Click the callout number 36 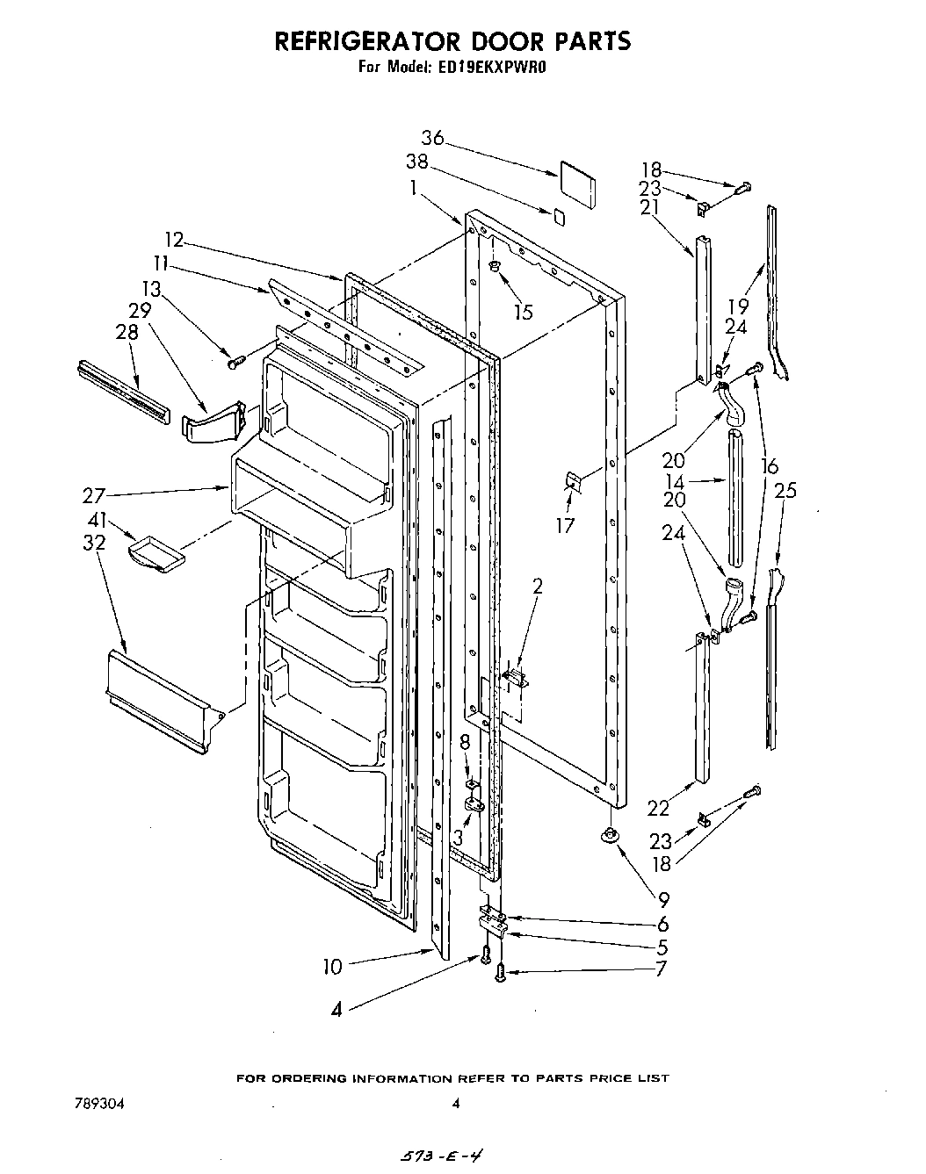point(432,138)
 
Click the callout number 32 point(94,543)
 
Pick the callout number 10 point(332,967)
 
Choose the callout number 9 point(662,899)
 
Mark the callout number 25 point(785,490)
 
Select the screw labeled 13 point(235,360)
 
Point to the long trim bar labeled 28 point(123,387)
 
